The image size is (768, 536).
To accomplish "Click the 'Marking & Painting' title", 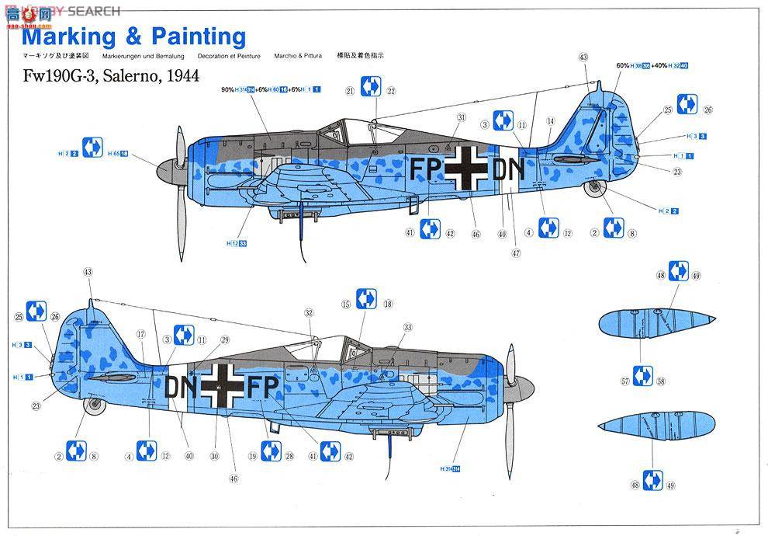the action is (x=133, y=37).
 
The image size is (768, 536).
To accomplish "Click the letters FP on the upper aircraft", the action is (x=427, y=170).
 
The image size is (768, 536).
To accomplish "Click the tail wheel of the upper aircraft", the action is (x=595, y=186).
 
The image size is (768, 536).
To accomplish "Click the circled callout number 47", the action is (x=516, y=253).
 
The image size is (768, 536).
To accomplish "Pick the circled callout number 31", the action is (x=461, y=117).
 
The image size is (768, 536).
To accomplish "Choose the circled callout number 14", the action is (x=550, y=121).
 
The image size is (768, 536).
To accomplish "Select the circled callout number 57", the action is (x=624, y=381).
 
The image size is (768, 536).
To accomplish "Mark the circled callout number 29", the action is (x=225, y=339).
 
